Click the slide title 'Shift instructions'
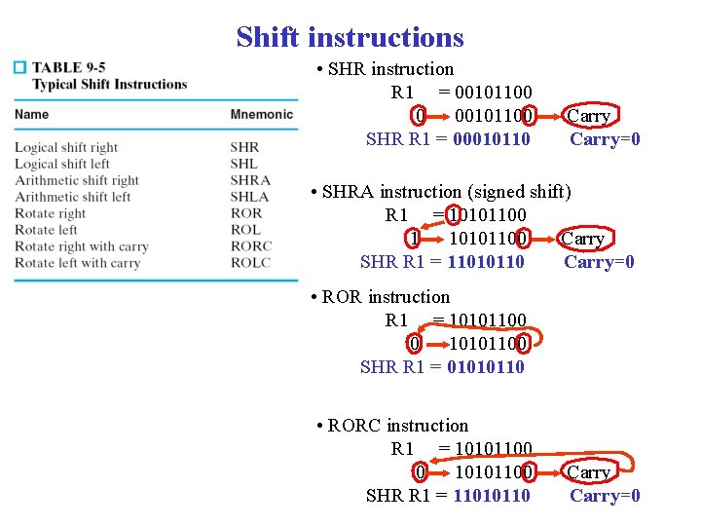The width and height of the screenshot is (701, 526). coord(350,37)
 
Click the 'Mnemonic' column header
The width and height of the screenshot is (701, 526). coord(261,115)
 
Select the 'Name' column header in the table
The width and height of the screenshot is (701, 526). coord(31,115)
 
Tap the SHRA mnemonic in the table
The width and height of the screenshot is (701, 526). coord(250,180)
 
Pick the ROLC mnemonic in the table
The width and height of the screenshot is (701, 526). coord(250,263)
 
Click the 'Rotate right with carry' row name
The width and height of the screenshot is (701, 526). coord(81,246)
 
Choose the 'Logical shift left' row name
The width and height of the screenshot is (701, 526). coord(62,164)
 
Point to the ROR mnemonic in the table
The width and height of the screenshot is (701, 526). coord(246,213)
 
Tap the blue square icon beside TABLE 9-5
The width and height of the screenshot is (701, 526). coord(18,67)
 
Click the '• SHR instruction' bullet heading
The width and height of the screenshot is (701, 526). coord(385,69)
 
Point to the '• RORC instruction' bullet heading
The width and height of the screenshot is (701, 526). coord(392,426)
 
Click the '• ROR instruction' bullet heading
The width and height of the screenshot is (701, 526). coord(380,297)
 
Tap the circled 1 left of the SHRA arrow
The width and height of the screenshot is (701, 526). coord(414,239)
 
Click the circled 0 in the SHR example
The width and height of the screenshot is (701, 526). coord(419,117)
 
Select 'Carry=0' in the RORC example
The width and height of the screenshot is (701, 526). coord(605,496)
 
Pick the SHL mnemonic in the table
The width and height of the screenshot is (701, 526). coord(244,164)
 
